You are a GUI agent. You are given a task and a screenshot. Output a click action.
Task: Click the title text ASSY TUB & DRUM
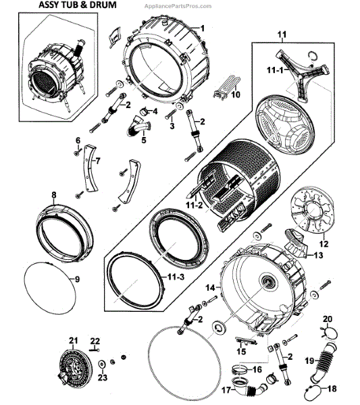pos(78,5)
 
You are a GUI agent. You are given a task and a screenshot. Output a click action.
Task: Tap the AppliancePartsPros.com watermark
pos(178,5)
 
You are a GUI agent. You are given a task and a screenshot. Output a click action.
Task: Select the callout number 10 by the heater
pos(236,94)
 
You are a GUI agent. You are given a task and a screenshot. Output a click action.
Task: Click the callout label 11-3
pos(176,277)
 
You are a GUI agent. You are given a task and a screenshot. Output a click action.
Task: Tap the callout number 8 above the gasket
pos(53,195)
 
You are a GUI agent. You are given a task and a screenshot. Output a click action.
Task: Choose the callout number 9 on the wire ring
pos(77,279)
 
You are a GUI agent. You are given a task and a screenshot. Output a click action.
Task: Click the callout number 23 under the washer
pos(103,377)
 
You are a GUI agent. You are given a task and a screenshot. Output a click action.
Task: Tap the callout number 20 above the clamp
pos(328,319)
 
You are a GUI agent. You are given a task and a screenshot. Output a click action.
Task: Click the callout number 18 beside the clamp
pos(332,388)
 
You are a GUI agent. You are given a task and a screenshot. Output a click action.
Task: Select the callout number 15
pos(241,351)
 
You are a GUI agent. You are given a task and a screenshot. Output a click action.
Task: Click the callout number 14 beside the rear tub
pos(210,288)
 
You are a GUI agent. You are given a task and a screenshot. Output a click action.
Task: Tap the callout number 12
pos(324,244)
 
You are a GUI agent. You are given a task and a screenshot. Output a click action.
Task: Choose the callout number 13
pos(318,255)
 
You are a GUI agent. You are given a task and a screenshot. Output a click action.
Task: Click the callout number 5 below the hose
pos(144,140)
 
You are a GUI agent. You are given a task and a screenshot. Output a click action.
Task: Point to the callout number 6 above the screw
pos(78,140)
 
